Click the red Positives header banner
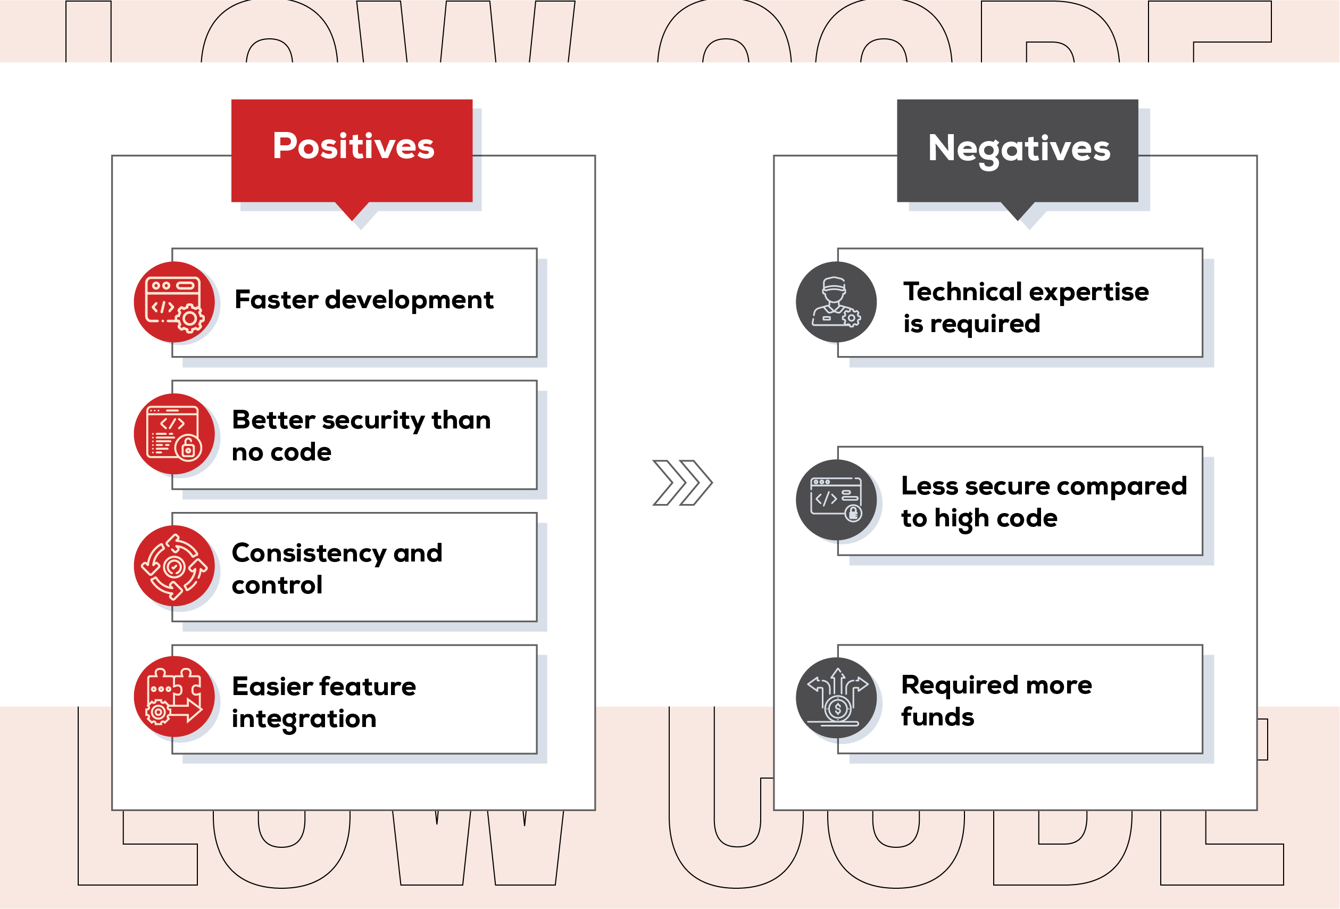pyautogui.click(x=352, y=150)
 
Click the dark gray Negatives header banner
pyautogui.click(x=1017, y=150)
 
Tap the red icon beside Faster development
pyautogui.click(x=174, y=302)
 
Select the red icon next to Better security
pyautogui.click(x=174, y=434)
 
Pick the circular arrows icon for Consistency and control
pyautogui.click(x=174, y=566)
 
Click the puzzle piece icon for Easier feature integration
pyautogui.click(x=174, y=697)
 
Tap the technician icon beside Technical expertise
pyautogui.click(x=836, y=302)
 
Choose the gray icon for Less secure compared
pyautogui.click(x=836, y=500)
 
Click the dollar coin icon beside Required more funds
pyautogui.click(x=836, y=698)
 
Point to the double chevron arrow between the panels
pyautogui.click(x=682, y=483)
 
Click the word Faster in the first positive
pyautogui.click(x=276, y=300)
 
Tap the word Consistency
pyautogui.click(x=309, y=553)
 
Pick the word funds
pyautogui.click(x=937, y=717)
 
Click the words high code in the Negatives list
pyautogui.click(x=996, y=518)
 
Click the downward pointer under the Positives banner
pyautogui.click(x=352, y=211)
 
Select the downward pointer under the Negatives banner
pyautogui.click(x=1017, y=211)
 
